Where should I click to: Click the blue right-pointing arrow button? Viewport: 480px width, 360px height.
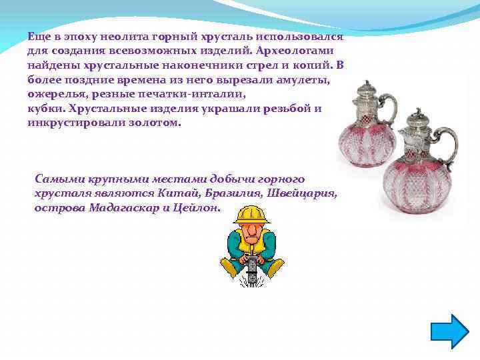click(451, 331)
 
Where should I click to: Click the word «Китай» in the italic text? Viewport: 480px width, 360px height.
click(177, 193)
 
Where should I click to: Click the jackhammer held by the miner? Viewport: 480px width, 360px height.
click(252, 270)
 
